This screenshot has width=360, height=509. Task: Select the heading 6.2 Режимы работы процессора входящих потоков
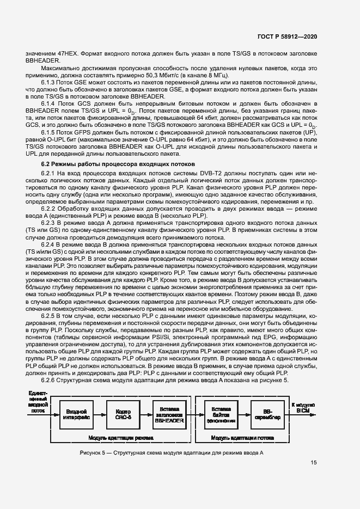[x=117, y=163]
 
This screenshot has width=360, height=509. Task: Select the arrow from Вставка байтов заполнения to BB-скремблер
[x=244, y=414]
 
